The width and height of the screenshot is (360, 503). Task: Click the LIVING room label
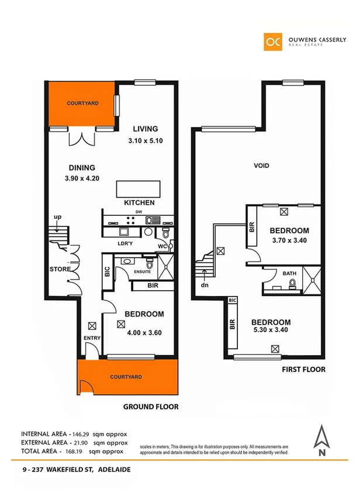[145, 129]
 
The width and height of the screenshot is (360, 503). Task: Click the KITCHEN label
[139, 203]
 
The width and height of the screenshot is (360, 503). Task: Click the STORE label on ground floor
[59, 270]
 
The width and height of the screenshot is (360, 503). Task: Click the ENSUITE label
[143, 272]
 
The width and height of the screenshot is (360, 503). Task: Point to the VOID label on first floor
[261, 166]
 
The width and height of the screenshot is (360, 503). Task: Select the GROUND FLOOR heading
[151, 407]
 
